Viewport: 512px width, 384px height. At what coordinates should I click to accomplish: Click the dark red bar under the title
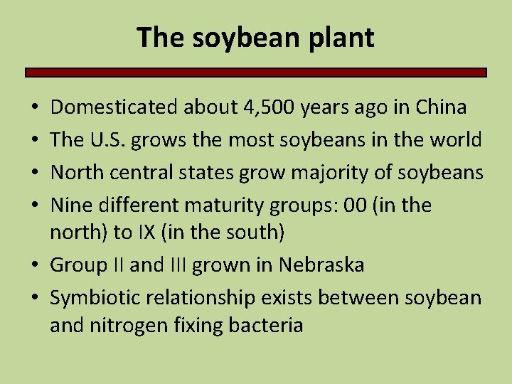(256, 72)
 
